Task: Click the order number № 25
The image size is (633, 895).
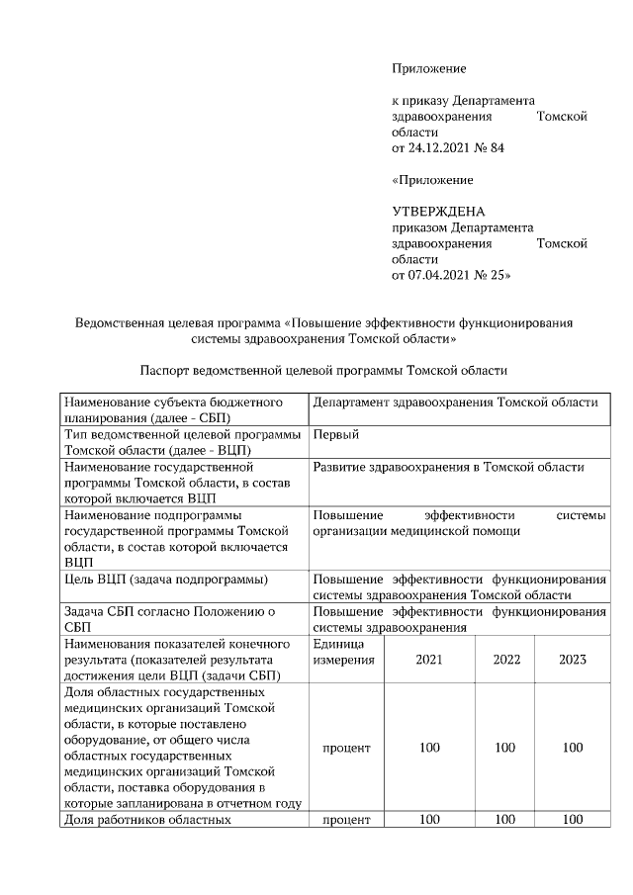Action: (x=494, y=275)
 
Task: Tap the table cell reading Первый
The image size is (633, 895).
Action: (x=335, y=435)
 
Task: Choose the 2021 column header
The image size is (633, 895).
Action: (x=429, y=660)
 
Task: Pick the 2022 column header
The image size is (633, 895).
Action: (x=505, y=660)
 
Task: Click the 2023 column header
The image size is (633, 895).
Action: (x=572, y=660)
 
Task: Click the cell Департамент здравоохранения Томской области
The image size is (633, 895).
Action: (x=455, y=403)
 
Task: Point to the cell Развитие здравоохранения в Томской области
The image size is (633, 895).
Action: (x=448, y=467)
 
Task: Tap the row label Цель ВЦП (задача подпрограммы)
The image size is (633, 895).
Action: (x=167, y=579)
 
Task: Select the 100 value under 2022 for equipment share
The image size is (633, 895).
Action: (x=505, y=748)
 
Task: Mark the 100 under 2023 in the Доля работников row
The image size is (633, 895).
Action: (x=572, y=820)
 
